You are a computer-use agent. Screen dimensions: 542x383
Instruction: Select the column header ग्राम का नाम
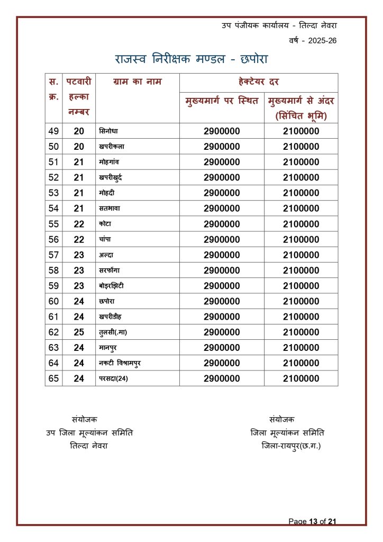click(x=137, y=82)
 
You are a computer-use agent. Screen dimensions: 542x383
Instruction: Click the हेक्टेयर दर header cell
click(x=259, y=82)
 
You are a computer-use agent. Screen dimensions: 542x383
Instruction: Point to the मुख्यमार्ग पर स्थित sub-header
click(x=222, y=101)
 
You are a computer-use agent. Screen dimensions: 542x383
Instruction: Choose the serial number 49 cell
click(x=53, y=131)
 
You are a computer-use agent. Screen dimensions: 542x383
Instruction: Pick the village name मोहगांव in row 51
click(x=109, y=162)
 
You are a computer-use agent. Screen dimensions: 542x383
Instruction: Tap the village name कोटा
click(x=105, y=224)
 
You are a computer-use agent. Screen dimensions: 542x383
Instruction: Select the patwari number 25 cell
click(x=79, y=332)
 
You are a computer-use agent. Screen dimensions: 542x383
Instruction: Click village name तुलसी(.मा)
click(x=113, y=332)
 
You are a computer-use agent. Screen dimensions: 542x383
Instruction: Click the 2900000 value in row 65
click(x=222, y=378)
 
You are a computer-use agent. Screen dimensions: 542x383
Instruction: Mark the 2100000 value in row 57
click(x=301, y=255)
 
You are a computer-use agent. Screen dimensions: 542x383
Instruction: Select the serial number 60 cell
click(x=53, y=301)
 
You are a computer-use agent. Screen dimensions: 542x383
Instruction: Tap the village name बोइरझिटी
click(x=112, y=286)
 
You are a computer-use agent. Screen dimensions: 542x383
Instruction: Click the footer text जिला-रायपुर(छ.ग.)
click(x=291, y=446)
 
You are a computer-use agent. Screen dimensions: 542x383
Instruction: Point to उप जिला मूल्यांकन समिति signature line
click(x=89, y=433)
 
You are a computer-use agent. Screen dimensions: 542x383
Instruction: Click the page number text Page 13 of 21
click(x=312, y=521)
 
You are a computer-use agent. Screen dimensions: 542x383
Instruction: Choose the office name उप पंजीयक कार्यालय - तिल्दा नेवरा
click(x=279, y=25)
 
